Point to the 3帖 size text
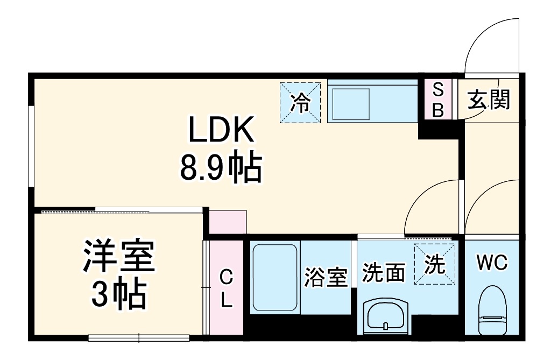118,294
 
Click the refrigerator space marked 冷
300,102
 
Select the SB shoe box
438,100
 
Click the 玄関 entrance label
488,100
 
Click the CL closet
227,288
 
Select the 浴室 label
326,277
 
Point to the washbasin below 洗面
386,317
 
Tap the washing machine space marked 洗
435,264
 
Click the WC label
492,263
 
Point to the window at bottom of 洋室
139,338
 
